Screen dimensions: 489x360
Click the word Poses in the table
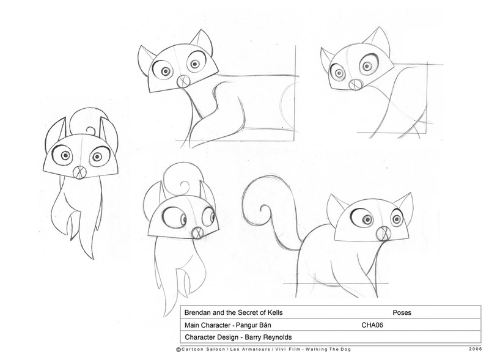coord(402,312)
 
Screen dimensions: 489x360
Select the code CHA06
coord(372,325)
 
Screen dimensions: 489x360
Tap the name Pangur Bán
coord(253,325)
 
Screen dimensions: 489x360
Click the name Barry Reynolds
coord(268,337)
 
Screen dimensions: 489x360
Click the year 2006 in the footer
coord(475,349)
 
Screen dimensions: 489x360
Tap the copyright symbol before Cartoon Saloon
coord(178,350)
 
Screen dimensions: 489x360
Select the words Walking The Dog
coord(328,349)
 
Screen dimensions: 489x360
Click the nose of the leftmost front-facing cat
coord(79,172)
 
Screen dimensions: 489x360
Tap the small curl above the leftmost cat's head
coord(90,130)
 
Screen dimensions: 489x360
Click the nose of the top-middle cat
coord(183,81)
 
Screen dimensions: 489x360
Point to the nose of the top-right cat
coord(355,84)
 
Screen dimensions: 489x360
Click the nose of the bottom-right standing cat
coord(383,233)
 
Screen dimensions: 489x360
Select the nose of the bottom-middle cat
coord(197,233)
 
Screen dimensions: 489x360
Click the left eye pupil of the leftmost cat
coord(65,155)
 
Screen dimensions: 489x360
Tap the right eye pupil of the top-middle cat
coord(195,64)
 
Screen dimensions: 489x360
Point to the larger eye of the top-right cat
coord(367,65)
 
